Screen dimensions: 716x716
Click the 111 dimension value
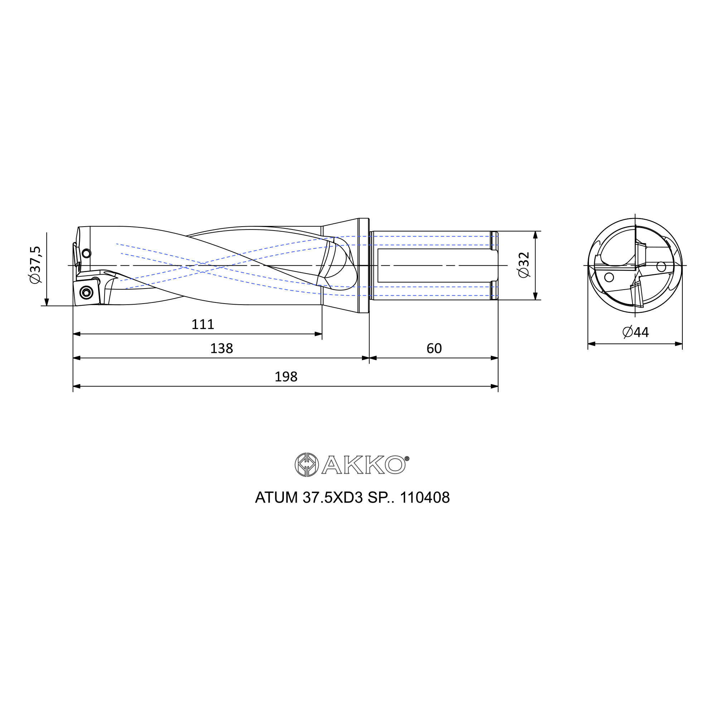tap(203, 325)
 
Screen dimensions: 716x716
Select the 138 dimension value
tap(222, 349)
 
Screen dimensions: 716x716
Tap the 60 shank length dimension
tap(434, 349)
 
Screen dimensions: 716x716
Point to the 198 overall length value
tap(286, 377)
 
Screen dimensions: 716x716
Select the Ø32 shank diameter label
tap(524, 265)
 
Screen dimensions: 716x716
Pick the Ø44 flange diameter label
tap(635, 332)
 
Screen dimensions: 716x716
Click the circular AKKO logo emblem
tap(306, 464)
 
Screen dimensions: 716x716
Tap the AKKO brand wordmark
tap(365, 465)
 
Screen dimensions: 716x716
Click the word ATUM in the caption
tap(276, 497)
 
